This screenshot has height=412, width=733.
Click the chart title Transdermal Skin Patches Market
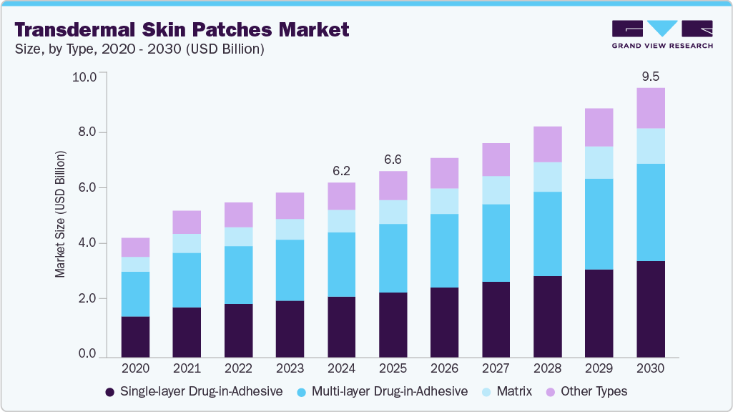pyautogui.click(x=182, y=30)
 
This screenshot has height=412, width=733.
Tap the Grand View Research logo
pyautogui.click(x=662, y=34)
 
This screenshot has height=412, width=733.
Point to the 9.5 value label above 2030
pyautogui.click(x=651, y=75)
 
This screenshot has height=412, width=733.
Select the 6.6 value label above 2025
pyautogui.click(x=393, y=159)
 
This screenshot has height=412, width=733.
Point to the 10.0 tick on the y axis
pyautogui.click(x=84, y=77)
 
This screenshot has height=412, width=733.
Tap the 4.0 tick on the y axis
pyautogui.click(x=87, y=243)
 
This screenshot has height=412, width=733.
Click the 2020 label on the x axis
pyautogui.click(x=135, y=368)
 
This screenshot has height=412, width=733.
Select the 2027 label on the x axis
pyautogui.click(x=496, y=368)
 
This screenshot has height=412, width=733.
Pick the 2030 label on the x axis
pyautogui.click(x=651, y=368)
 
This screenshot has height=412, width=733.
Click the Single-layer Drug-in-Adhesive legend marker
pyautogui.click(x=109, y=392)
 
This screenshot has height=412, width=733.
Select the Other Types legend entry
pyautogui.click(x=586, y=391)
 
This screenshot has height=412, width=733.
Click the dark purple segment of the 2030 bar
pyautogui.click(x=651, y=309)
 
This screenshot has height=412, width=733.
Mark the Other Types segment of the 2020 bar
pyautogui.click(x=135, y=247)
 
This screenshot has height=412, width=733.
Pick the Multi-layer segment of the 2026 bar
pyautogui.click(x=444, y=250)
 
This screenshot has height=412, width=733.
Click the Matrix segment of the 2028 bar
pyautogui.click(x=547, y=177)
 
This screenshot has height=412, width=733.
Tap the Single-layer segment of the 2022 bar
pyautogui.click(x=238, y=330)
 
